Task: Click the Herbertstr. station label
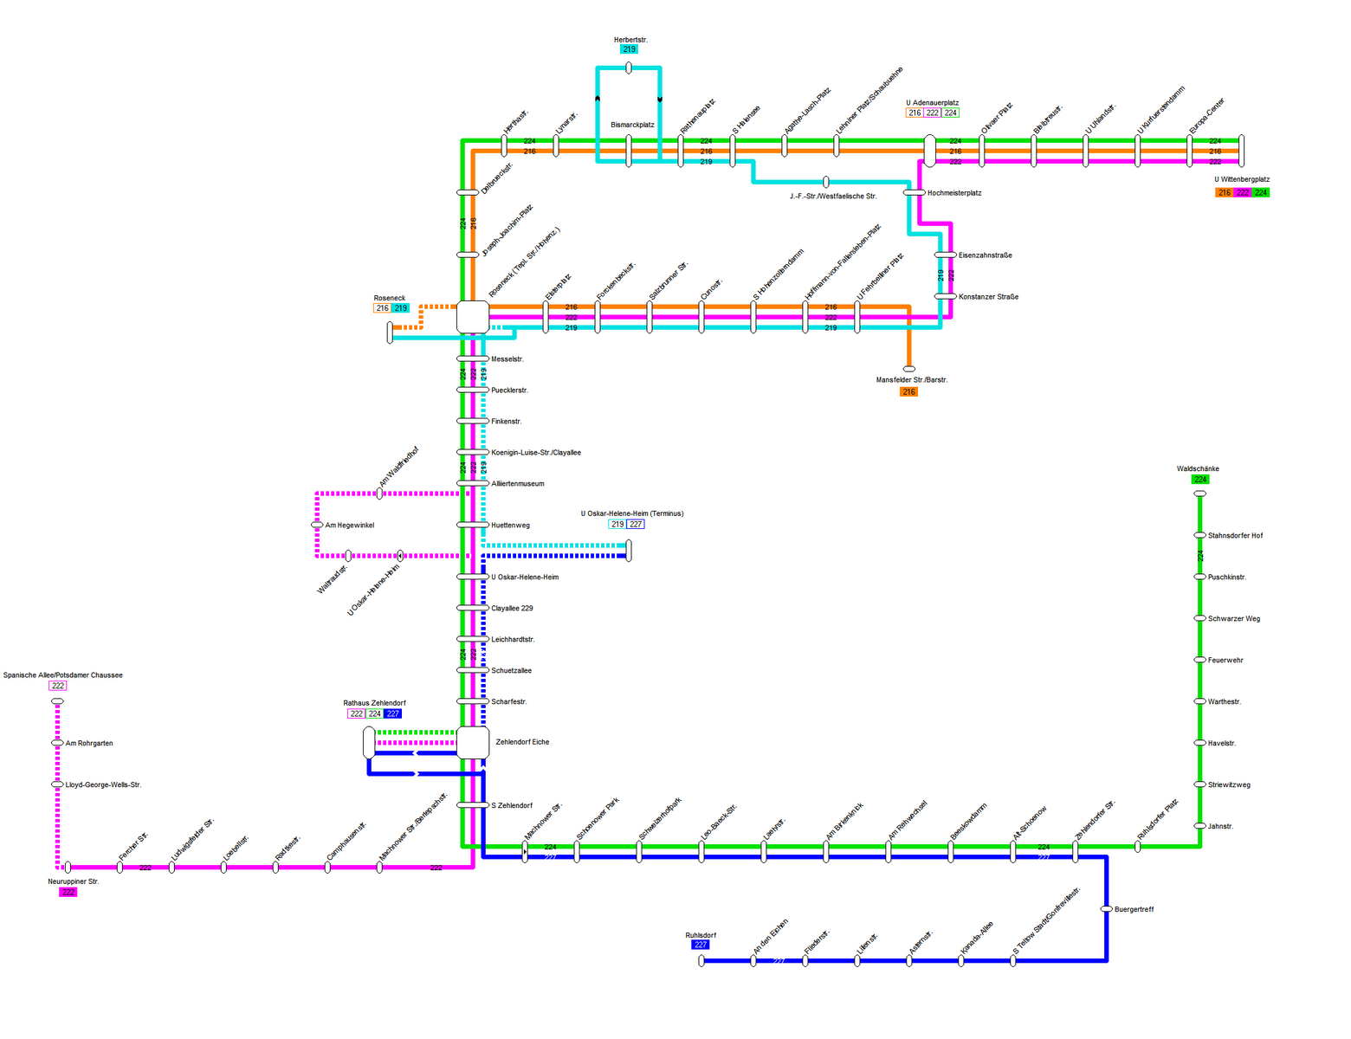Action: [x=630, y=40]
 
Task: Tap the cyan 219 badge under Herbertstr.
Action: [x=630, y=49]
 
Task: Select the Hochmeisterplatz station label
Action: [x=954, y=193]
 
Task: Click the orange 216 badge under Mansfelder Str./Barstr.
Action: [x=908, y=392]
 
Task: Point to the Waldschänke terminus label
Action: [x=1198, y=469]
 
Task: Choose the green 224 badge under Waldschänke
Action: [x=1200, y=480]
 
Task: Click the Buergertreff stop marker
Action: [x=1107, y=909]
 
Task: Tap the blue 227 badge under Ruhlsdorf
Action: [x=701, y=945]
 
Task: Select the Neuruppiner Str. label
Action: [x=74, y=881]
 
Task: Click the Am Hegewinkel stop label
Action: [x=350, y=526]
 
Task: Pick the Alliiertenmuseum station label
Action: [x=518, y=484]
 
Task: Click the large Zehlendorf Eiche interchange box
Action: [x=473, y=742]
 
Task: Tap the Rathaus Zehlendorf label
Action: [x=374, y=703]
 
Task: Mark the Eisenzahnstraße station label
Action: [x=985, y=255]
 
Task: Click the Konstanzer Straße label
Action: [x=988, y=297]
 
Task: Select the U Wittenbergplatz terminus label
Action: [x=1242, y=180]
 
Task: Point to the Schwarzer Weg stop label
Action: [x=1234, y=619]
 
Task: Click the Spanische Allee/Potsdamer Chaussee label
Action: [x=63, y=675]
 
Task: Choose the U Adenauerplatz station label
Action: [x=933, y=103]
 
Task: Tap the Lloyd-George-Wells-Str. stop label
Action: [x=103, y=785]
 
